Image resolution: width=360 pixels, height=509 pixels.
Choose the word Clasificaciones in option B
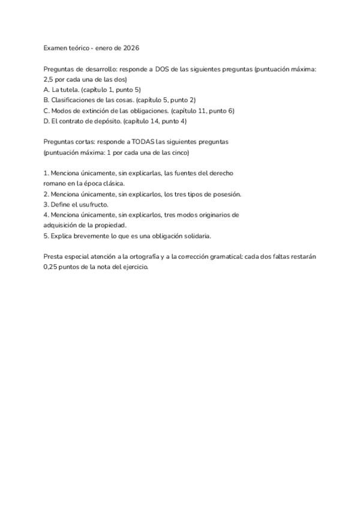click(75, 100)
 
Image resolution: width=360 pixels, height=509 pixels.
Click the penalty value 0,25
click(52, 267)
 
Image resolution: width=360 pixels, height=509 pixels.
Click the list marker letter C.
click(46, 110)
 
